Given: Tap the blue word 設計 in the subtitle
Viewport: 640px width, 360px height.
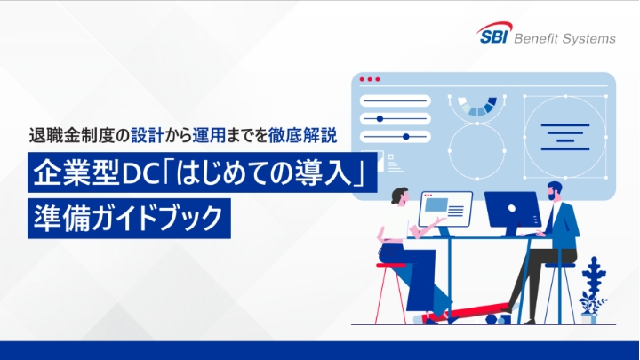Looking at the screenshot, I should click(147, 138).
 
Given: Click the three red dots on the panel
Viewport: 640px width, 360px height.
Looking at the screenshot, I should click(370, 80).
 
